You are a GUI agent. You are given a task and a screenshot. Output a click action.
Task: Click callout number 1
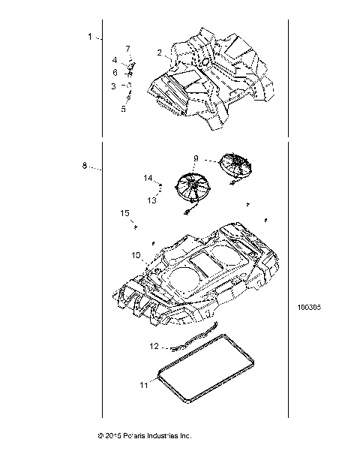(90, 36)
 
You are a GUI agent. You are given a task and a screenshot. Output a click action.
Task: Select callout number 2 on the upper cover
(160, 53)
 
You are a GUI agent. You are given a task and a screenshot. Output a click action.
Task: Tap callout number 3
(114, 86)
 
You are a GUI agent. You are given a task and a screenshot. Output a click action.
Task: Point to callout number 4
(115, 59)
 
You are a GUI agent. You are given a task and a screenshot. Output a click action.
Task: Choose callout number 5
(124, 108)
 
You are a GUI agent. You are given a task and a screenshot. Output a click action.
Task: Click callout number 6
(115, 73)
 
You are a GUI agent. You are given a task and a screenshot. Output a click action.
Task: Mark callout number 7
(127, 49)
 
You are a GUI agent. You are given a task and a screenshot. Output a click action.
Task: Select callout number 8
(85, 165)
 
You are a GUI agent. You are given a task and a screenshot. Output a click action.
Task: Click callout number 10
(136, 256)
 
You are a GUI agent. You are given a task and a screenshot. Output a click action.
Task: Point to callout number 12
(154, 347)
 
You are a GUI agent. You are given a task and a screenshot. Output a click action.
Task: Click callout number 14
(148, 178)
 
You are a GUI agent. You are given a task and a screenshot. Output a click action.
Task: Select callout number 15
(125, 213)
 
